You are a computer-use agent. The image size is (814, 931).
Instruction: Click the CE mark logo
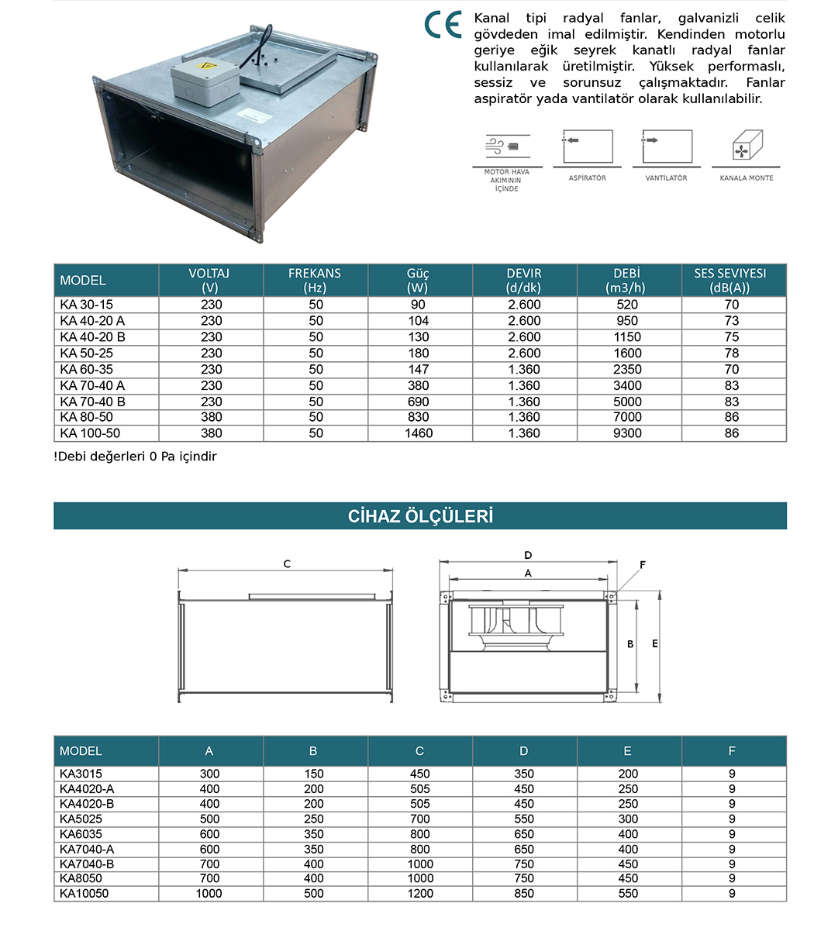pos(443,25)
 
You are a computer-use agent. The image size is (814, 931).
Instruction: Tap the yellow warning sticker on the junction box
pos(206,67)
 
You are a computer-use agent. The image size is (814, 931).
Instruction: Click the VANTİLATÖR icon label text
pos(666,178)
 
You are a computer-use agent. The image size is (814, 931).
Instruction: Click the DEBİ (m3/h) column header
pos(628,280)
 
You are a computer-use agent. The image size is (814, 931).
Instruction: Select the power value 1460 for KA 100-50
pos(419,433)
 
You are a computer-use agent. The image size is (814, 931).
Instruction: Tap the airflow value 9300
pos(627,433)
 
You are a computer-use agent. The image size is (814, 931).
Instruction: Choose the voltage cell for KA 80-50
pos(211,417)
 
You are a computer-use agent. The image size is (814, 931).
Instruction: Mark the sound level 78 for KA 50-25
pos(732,353)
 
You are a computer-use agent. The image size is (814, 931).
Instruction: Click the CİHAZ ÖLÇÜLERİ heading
pos(420,516)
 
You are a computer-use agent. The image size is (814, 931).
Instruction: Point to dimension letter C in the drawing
pos(287,564)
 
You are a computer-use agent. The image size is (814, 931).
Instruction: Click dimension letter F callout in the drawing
pos(643,565)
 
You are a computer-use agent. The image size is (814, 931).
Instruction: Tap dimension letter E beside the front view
pos(655,644)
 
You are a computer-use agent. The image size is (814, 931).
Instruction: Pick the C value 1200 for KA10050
pos(419,893)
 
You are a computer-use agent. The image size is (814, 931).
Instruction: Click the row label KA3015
pos(81,774)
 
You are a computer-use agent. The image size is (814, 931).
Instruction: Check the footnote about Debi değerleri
pos(136,457)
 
